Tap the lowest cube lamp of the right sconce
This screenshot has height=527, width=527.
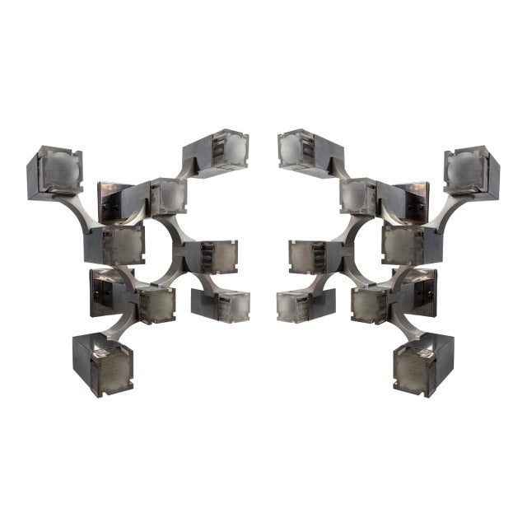[x=423, y=364]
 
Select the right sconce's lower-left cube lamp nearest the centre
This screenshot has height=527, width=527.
[x=305, y=304]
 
